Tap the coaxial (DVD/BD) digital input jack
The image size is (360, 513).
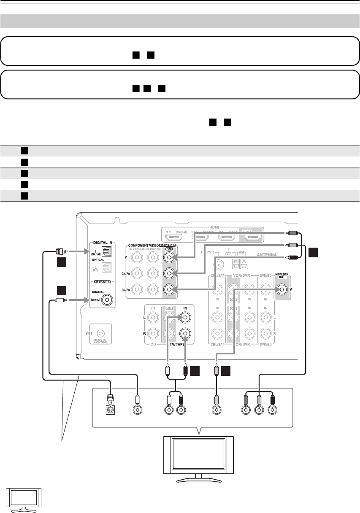109,300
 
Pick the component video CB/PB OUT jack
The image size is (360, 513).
169,273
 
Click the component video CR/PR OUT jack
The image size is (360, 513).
169,289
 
